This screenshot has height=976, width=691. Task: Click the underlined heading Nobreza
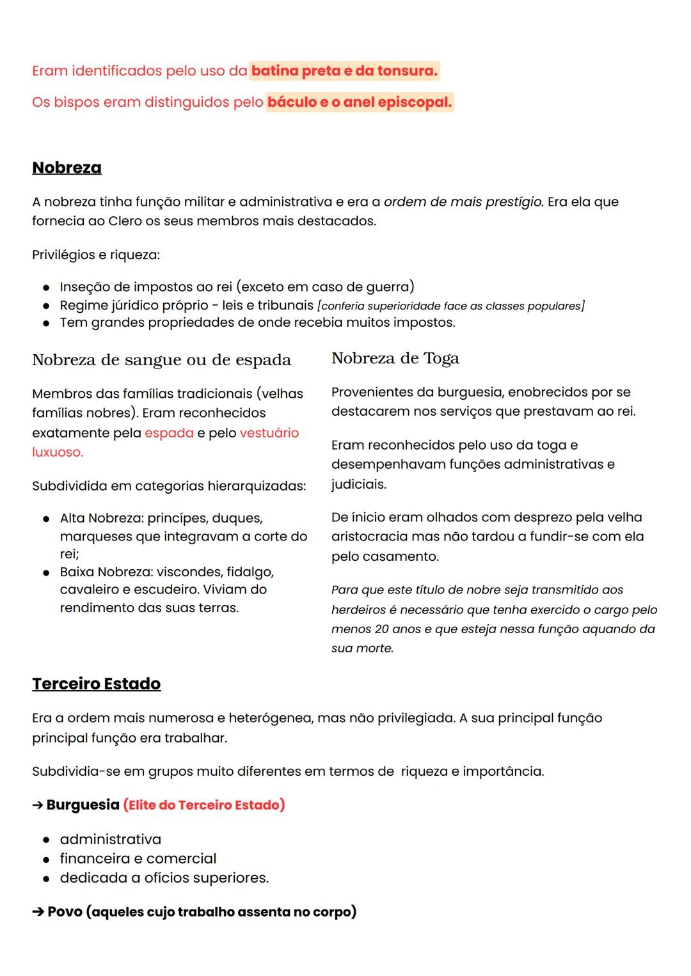tap(67, 168)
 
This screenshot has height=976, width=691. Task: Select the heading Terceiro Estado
tap(96, 684)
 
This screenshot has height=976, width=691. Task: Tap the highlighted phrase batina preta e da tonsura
tap(344, 70)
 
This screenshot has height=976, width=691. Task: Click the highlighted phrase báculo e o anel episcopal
tap(360, 102)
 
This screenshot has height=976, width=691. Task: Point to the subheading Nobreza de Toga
tap(395, 358)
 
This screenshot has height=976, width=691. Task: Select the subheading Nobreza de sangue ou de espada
tap(161, 360)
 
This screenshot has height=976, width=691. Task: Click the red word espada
tap(169, 433)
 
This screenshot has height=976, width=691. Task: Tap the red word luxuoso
tap(57, 452)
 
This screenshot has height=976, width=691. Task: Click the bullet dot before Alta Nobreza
tap(46, 519)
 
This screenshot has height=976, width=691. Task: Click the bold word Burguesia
tap(83, 805)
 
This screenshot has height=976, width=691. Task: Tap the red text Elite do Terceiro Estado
tap(204, 805)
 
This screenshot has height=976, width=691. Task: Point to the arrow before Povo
tap(38, 912)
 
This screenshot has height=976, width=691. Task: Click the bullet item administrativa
tap(110, 839)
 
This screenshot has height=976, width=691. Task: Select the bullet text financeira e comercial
tap(138, 858)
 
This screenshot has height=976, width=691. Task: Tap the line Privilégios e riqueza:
tap(96, 255)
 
